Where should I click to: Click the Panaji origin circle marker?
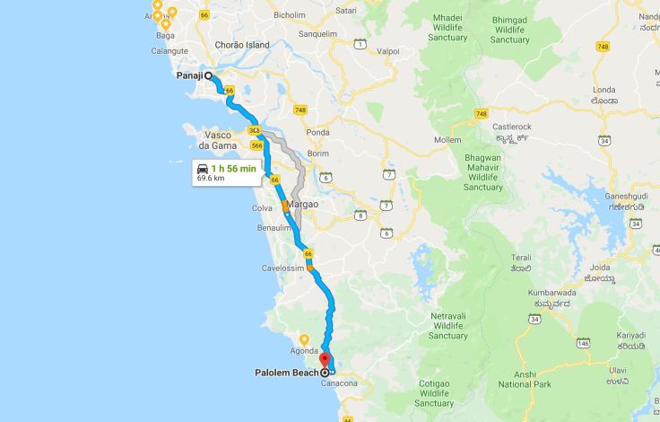pos(209,76)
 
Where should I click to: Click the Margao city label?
pos(305,205)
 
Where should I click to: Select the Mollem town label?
pos(447,140)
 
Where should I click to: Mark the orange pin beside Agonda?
pos(304,339)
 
